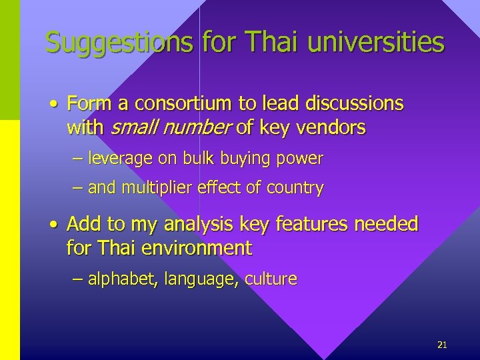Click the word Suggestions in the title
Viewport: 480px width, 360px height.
click(x=119, y=42)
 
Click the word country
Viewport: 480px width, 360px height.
click(x=295, y=188)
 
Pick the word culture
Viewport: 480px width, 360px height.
click(x=271, y=279)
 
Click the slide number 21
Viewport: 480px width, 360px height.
click(x=441, y=345)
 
